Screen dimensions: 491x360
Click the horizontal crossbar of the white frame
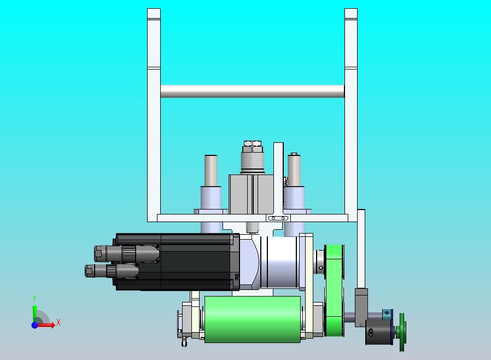[x=253, y=91]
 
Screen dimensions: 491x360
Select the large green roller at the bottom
[x=253, y=319]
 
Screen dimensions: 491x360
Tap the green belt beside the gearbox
[x=334, y=291]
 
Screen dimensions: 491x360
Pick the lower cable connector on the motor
[x=112, y=271]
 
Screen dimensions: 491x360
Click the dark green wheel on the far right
[x=401, y=332]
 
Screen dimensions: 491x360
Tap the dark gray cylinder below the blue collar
[x=379, y=332]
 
